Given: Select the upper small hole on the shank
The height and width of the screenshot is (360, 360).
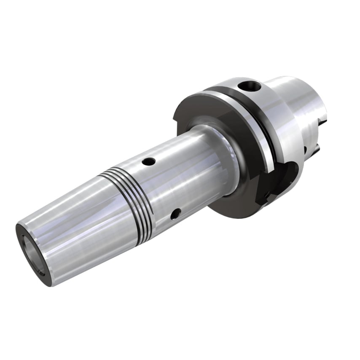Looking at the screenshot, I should (148, 161).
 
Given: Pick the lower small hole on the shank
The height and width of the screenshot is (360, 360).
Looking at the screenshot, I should (174, 215).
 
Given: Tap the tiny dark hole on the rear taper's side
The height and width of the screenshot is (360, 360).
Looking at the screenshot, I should (305, 148).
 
